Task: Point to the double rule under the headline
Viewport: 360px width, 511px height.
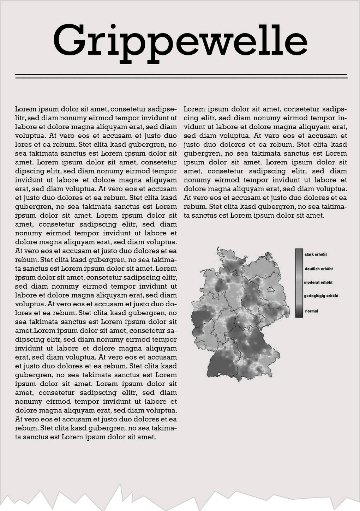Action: coord(181,76)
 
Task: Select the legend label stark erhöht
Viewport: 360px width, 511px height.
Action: coord(316,254)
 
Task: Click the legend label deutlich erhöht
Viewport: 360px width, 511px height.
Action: coord(319,269)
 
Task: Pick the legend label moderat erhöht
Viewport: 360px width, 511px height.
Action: coord(318,282)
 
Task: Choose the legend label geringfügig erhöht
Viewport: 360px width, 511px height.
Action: coord(321,296)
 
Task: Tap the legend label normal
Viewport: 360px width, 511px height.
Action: coord(312,311)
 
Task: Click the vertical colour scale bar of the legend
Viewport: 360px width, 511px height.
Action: coord(299,283)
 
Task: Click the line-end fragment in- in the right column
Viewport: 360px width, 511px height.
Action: coord(342,118)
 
